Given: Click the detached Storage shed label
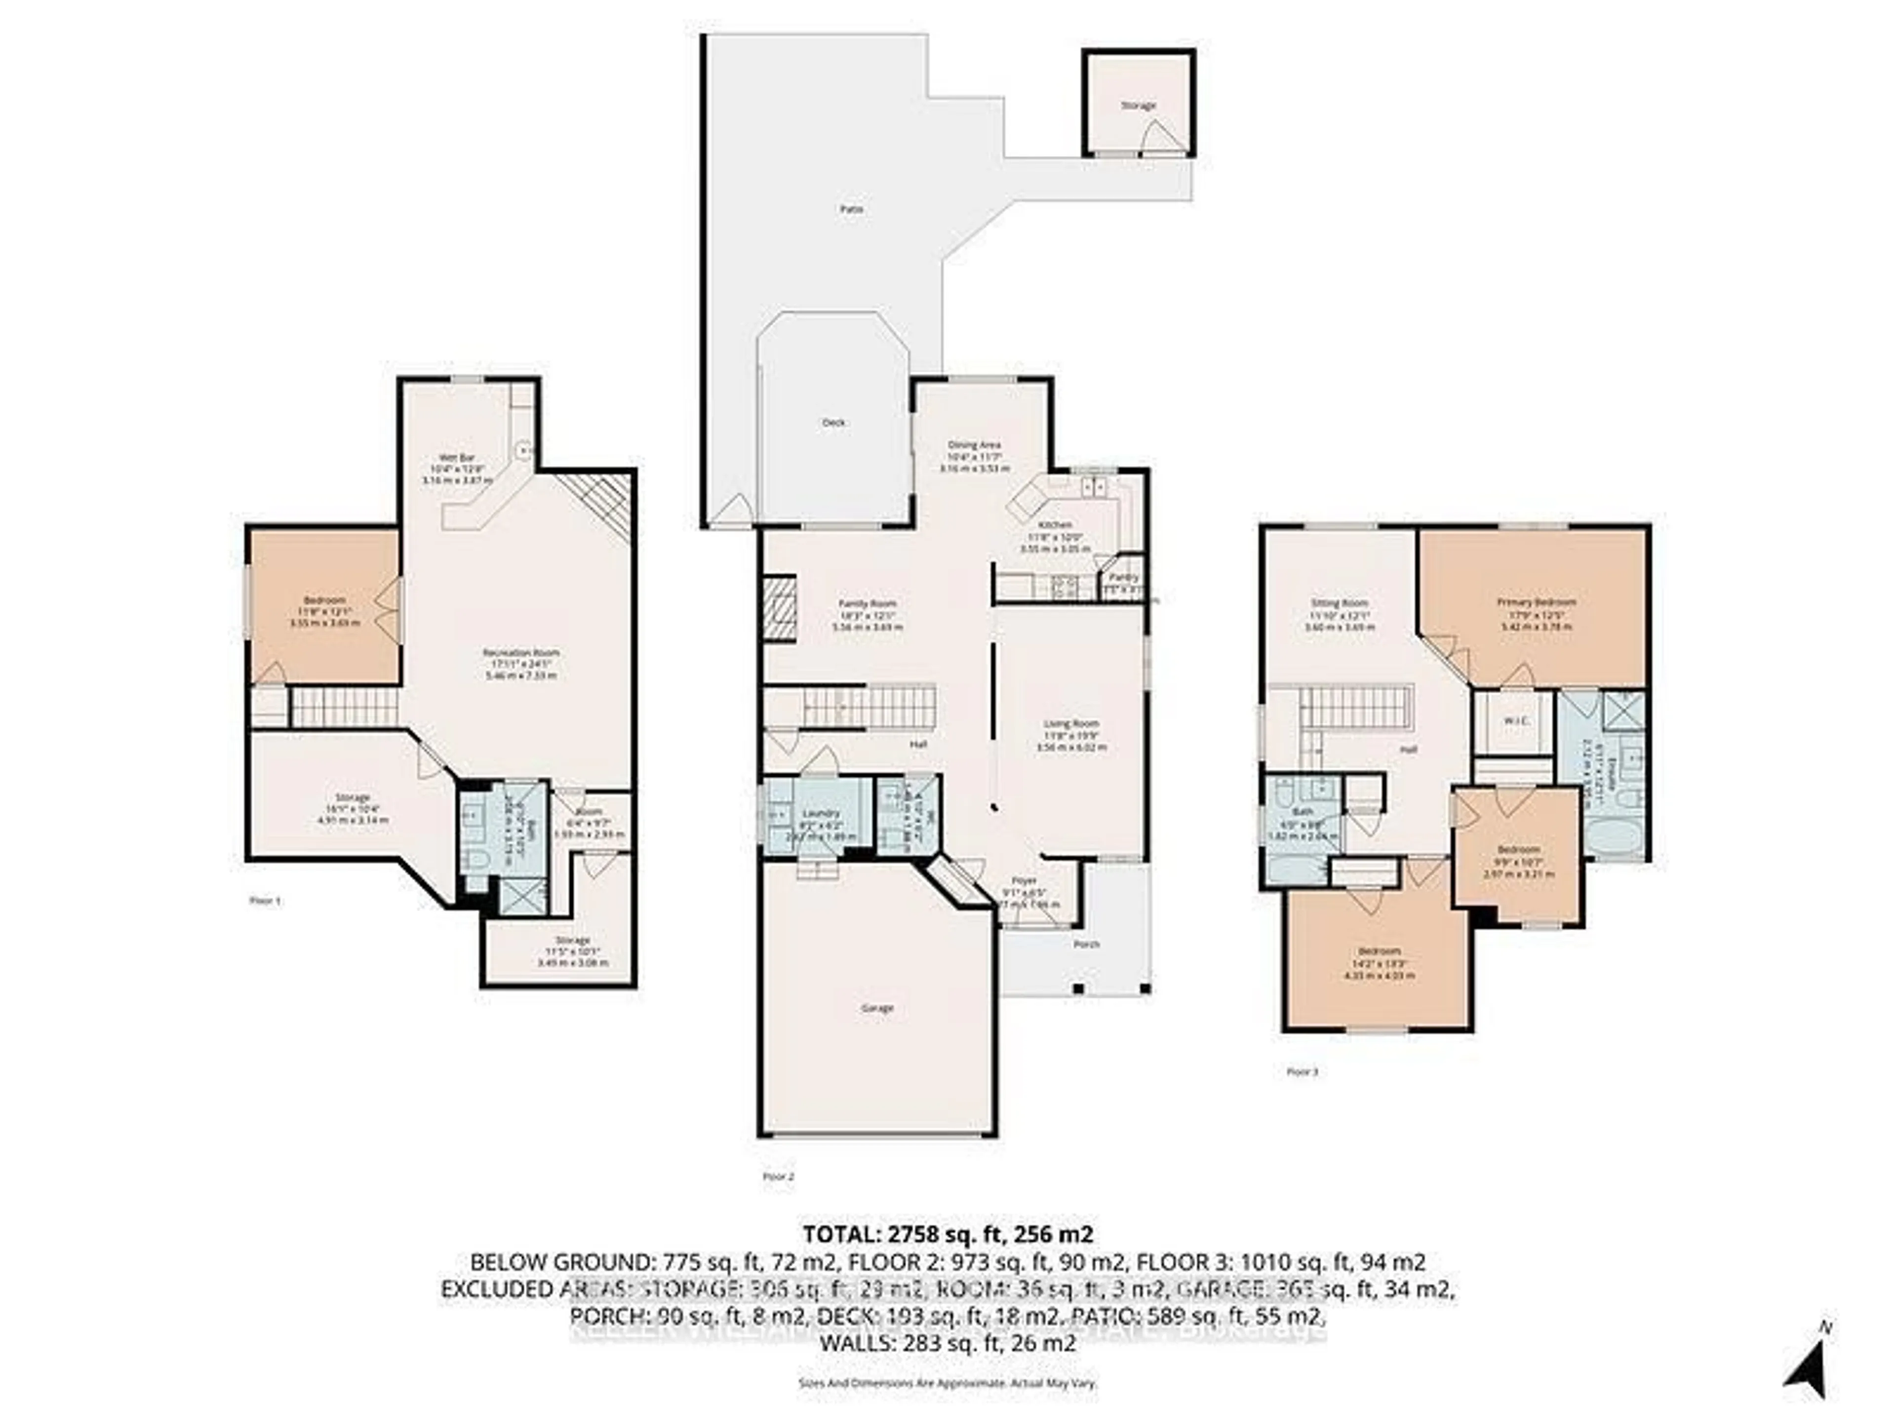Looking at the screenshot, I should (x=1138, y=106).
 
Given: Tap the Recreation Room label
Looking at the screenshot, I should (x=520, y=652).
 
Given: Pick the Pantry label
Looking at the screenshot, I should (x=1124, y=578).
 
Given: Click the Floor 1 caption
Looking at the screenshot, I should (x=264, y=901).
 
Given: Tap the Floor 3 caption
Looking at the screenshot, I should (x=1302, y=1071).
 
